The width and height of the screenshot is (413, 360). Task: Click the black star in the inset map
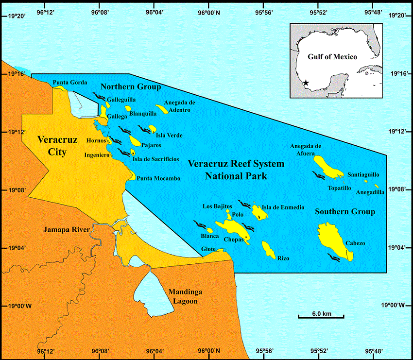point(306,83)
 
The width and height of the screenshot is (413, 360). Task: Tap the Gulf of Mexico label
point(332,57)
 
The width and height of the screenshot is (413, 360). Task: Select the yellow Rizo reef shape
point(268,249)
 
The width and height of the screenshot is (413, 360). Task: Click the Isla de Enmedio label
point(283,207)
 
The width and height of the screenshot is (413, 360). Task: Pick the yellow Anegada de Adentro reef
point(162,109)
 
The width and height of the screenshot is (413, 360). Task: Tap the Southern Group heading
point(345,212)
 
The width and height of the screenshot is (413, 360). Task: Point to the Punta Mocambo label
point(158,179)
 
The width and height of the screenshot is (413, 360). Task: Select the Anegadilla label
point(370,192)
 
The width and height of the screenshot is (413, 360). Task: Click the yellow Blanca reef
point(210,230)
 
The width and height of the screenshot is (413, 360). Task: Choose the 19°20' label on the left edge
point(17,16)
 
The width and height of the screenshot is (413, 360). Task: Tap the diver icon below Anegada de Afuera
point(319,175)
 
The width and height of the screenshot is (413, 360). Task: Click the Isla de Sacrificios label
point(155,159)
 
